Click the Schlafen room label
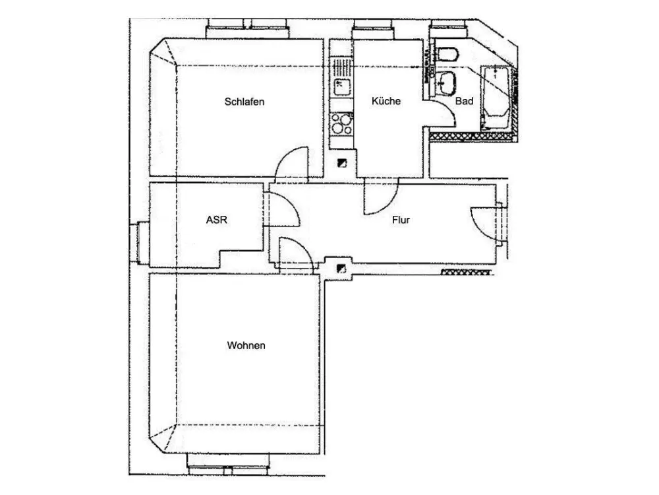[x=244, y=102]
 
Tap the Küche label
[x=386, y=101]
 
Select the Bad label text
[x=464, y=101]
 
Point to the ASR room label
[x=216, y=220]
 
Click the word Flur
[x=401, y=220]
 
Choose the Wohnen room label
[x=246, y=346]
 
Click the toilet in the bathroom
[x=447, y=54]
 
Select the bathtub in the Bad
[x=496, y=98]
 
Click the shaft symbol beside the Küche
[x=342, y=163]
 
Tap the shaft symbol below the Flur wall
[x=341, y=268]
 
